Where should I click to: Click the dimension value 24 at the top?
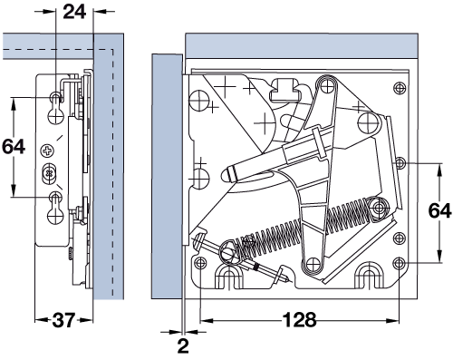74,12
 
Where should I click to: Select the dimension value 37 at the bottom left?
63,320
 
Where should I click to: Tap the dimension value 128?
300,319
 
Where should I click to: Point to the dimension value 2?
183,346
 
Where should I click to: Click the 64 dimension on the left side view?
14,147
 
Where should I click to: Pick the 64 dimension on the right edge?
440,210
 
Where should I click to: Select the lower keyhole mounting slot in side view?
55,209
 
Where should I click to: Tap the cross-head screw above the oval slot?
47,150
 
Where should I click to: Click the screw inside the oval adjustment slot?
48,173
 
